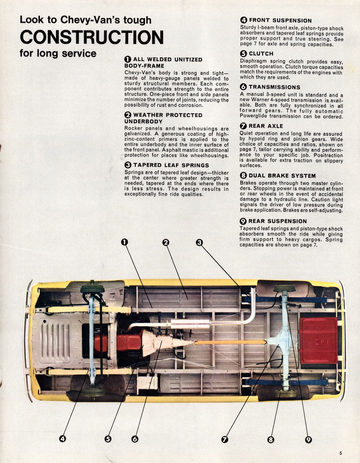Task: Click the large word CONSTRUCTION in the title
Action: point(91,37)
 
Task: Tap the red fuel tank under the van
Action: point(318,340)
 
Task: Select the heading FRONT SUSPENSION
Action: point(280,20)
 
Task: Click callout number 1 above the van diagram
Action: point(124,241)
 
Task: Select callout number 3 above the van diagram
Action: point(199,241)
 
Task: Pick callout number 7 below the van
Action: point(225,439)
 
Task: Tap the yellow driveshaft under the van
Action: point(229,342)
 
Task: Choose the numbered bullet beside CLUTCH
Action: point(243,54)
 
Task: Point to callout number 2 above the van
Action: point(165,241)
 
